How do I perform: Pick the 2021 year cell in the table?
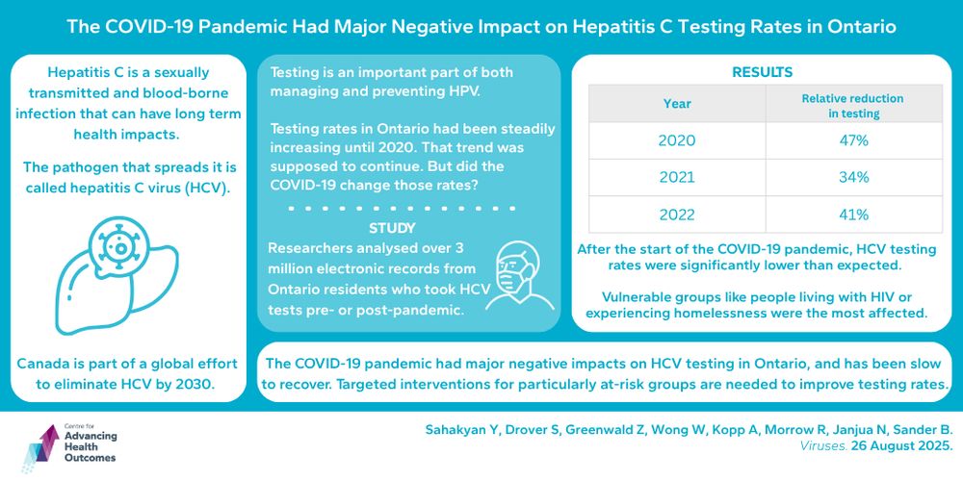coord(676,177)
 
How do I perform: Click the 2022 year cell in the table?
coord(676,214)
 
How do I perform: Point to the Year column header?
coord(676,102)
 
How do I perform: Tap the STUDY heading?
coord(392,229)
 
